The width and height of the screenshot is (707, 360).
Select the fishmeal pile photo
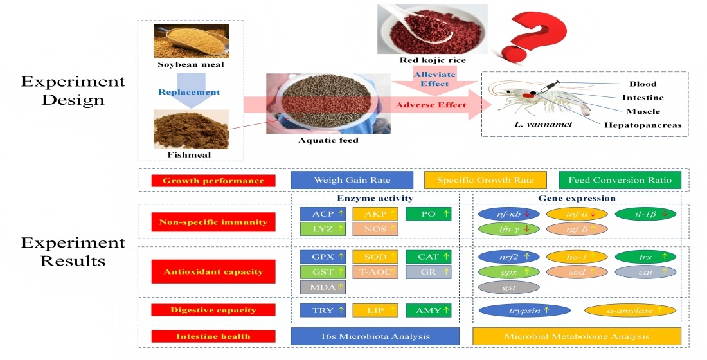tap(191, 129)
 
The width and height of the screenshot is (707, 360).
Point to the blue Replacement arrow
tap(190, 91)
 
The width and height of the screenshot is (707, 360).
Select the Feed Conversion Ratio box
tap(620, 180)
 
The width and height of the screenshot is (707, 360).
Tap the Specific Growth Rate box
tap(485, 180)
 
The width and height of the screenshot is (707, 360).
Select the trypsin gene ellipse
tap(524, 310)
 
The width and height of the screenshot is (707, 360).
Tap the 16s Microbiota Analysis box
tap(375, 336)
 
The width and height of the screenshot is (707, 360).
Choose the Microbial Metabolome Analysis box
tap(576, 336)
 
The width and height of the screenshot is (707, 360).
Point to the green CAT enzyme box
tap(429, 256)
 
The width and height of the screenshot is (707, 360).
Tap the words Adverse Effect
tap(429, 105)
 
